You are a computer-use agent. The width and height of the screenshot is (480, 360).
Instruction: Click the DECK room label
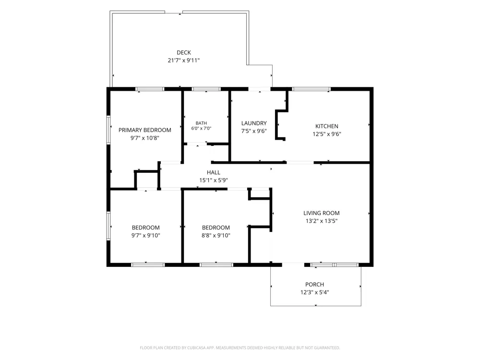(x=184, y=53)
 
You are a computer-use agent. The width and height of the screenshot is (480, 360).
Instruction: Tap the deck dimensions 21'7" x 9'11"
(x=184, y=60)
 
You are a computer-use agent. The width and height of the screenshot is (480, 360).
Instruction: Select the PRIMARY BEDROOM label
(x=145, y=130)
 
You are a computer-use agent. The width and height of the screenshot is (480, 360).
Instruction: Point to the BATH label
(x=201, y=123)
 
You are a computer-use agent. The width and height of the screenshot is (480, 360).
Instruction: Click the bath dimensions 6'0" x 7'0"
(x=201, y=128)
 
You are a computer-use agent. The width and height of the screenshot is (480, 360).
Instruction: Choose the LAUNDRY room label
(x=254, y=123)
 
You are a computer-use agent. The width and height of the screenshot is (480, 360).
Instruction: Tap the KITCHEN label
(x=326, y=126)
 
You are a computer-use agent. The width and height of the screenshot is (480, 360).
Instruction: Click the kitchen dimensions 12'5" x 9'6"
(x=326, y=134)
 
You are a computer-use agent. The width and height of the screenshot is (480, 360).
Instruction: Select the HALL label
(x=214, y=172)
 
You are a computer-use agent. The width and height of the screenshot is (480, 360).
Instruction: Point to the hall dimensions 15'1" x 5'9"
(x=214, y=180)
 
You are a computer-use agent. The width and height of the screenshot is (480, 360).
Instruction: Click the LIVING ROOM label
(x=322, y=213)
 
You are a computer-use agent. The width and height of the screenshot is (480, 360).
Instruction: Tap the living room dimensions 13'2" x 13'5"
(x=322, y=221)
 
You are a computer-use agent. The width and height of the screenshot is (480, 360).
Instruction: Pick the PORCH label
(x=314, y=284)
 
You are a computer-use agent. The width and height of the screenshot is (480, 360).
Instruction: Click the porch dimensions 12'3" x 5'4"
(x=314, y=292)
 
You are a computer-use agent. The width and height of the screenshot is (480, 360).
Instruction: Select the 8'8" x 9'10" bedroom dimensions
(x=216, y=235)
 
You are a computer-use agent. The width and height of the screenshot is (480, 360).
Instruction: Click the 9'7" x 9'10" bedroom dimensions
(x=146, y=235)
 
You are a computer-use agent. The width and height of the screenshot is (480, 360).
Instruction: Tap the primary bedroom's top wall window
(x=150, y=89)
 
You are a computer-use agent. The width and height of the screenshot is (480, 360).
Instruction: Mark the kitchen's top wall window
(x=312, y=89)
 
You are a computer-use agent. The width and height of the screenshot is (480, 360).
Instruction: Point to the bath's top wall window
(x=206, y=89)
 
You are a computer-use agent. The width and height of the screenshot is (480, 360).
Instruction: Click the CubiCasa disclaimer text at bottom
(x=240, y=348)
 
